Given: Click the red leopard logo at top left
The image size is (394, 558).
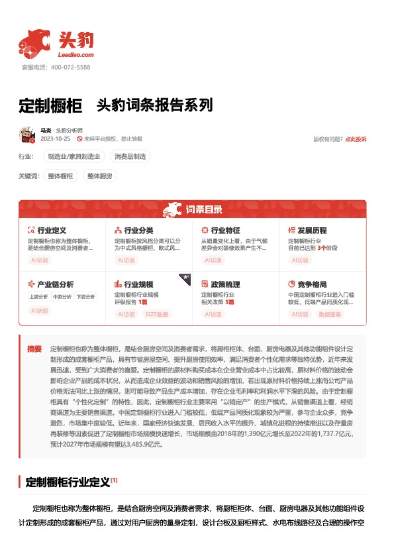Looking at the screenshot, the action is coord(35,43).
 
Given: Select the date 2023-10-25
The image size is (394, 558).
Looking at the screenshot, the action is coord(55,139).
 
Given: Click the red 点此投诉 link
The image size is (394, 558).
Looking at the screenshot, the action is coord(356,139).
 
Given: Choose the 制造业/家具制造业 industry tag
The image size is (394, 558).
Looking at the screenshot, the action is coord(74,156).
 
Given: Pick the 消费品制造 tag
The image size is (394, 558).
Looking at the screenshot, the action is coord(131,156).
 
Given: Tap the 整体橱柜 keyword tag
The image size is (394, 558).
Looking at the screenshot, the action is coord(61,176).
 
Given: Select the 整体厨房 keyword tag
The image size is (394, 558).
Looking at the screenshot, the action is coord(99,176).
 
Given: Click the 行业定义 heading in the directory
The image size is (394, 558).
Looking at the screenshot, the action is coord(52,230).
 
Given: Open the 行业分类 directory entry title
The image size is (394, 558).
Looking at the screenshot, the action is coord(138,230).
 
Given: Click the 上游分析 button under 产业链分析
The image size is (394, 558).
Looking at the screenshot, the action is coord(38,297).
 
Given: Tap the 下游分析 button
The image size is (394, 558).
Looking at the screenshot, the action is coord(85,297).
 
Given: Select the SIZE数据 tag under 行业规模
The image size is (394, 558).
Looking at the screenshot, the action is coord(156,313).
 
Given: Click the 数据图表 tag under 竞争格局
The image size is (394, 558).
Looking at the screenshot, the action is coord(330,313).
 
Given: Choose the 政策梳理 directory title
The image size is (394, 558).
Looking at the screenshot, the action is coord(225,284).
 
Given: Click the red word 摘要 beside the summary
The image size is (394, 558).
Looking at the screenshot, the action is coord(34,348).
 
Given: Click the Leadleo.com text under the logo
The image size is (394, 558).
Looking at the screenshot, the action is coord(76,55).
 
